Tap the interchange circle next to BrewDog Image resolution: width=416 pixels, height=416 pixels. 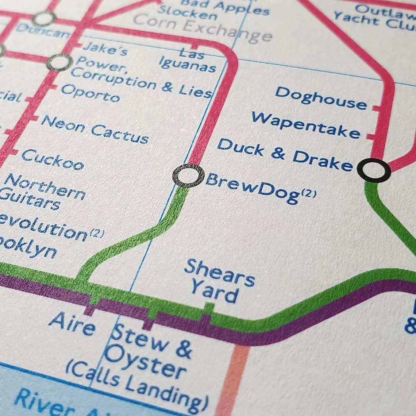coord(188,176)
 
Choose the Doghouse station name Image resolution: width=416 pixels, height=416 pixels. coord(321,98)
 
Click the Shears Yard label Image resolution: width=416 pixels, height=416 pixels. coord(218,281)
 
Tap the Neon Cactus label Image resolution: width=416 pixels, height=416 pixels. coord(95,129)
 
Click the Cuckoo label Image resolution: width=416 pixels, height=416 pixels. coord(53,160)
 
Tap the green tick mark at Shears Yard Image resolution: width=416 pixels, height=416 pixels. coord(209,308)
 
